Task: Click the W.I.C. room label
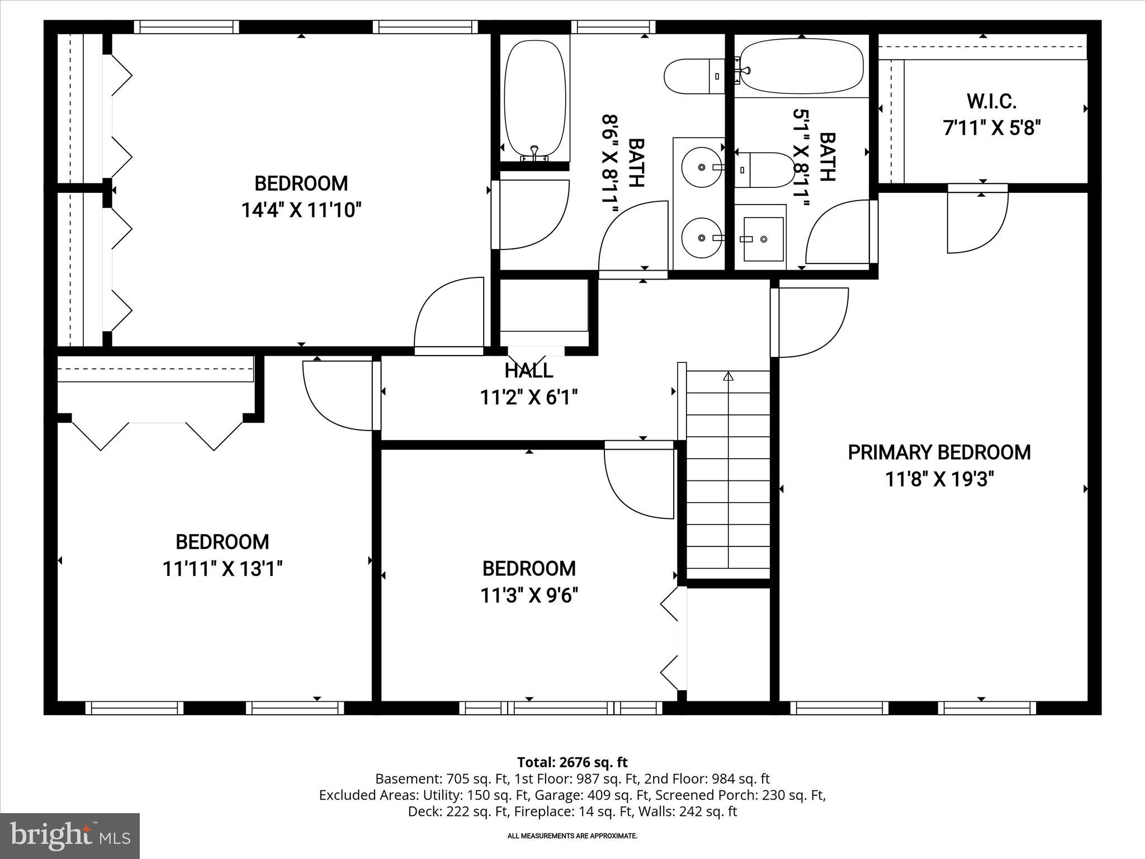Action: pos(991,102)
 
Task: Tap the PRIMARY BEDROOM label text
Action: pos(939,452)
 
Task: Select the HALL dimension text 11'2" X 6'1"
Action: pos(528,398)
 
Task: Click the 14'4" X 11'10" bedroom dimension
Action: pos(301,210)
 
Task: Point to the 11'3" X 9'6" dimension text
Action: pos(529,596)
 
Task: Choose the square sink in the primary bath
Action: pos(763,239)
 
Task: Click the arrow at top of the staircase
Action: pos(728,376)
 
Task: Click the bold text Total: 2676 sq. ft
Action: pos(572,762)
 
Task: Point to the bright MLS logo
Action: pos(70,836)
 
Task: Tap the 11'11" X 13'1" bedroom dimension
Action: pos(222,569)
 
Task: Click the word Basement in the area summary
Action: pos(399,778)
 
